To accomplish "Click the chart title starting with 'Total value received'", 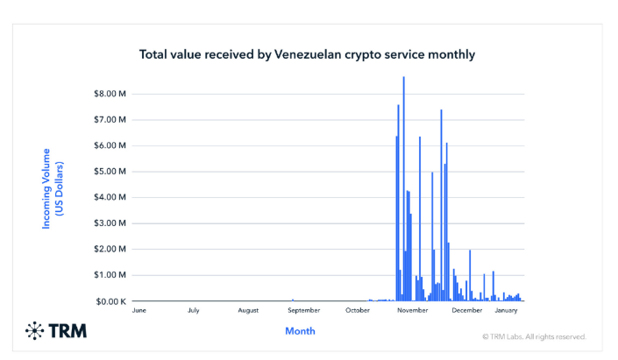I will [307, 54].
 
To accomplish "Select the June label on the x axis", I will [139, 310].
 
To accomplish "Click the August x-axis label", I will [248, 310].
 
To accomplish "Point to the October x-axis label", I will [358, 310].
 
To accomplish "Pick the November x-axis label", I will [412, 310].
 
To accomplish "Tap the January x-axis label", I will [506, 310].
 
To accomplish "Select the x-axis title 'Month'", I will [300, 331].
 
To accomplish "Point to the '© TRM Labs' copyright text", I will [534, 336].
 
